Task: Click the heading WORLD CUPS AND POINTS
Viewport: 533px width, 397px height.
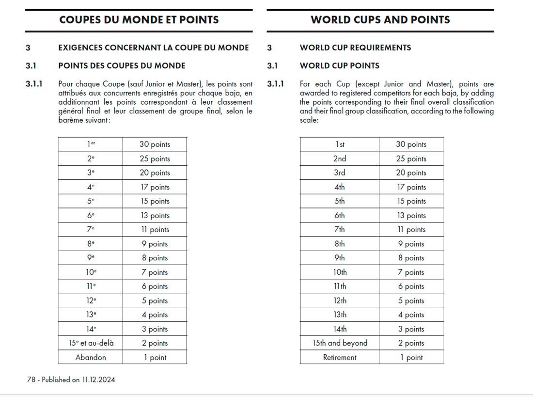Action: (380, 20)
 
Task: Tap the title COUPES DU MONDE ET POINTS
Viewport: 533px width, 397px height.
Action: (139, 20)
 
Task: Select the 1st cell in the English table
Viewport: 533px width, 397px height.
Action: (340, 144)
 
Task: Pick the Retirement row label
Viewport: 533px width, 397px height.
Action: (340, 358)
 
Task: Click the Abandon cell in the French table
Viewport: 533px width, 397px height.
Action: (91, 358)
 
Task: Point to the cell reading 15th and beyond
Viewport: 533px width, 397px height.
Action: (340, 343)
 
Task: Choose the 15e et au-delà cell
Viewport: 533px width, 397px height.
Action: (91, 343)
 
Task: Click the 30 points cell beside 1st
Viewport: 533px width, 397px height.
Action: (411, 144)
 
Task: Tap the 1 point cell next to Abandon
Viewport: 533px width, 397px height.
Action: (155, 358)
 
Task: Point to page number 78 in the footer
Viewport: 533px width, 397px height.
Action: (31, 380)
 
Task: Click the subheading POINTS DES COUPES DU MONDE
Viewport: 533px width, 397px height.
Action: (122, 65)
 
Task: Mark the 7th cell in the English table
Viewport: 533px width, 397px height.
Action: (340, 230)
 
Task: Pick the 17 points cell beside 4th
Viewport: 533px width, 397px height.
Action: (411, 187)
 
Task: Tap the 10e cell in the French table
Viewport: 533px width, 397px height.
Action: (91, 272)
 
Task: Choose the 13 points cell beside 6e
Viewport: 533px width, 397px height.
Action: (155, 216)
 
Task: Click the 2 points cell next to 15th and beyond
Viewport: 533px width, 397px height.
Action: (411, 343)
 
